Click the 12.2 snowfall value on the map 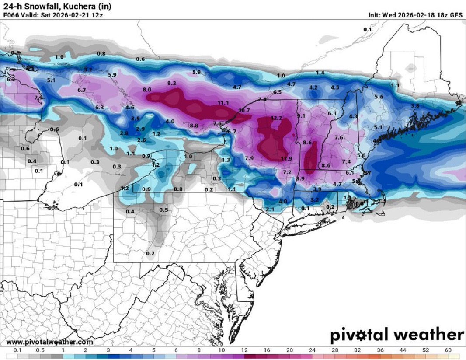(276, 118)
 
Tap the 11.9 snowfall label (286, 158)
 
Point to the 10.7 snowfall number (244, 110)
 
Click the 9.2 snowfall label (171, 83)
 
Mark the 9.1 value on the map (301, 116)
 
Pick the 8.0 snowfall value (146, 90)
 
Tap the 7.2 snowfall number (287, 172)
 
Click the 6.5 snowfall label (277, 92)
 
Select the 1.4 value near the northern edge (320, 73)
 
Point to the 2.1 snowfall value (269, 210)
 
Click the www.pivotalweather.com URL (49, 342)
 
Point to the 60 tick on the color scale (448, 350)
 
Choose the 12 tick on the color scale (244, 350)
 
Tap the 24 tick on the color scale (312, 350)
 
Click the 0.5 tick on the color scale (40, 350)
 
